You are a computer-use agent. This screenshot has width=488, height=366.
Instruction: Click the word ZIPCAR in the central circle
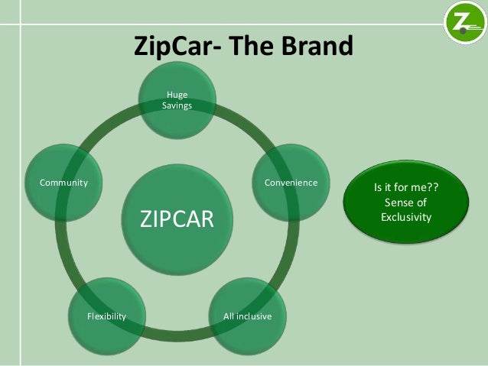point(177,219)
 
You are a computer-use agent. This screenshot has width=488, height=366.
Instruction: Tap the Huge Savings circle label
point(177,100)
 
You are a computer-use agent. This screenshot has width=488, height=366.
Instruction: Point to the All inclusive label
point(247,316)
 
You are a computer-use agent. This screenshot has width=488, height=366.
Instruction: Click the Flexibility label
point(107,316)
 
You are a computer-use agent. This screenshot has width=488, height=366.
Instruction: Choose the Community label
point(63,183)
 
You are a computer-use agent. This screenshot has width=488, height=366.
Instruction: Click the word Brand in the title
point(312,46)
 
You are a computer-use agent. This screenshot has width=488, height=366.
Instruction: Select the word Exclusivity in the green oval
point(405,218)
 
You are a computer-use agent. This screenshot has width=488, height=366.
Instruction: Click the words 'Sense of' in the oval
point(405,202)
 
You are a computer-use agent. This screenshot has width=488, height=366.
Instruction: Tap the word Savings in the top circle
point(177,105)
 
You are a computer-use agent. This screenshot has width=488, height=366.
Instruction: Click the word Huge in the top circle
point(177,95)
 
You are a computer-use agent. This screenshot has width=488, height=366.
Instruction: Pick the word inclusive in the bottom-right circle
point(254,316)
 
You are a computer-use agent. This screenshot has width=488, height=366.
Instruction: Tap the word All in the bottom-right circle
point(228,316)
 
